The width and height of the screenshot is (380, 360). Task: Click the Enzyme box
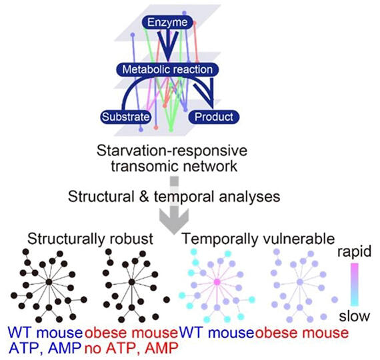tap(167, 23)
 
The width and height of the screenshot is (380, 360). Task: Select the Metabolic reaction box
tap(167, 69)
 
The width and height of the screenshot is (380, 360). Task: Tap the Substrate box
tap(125, 117)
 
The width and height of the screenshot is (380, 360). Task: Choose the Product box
tap(214, 117)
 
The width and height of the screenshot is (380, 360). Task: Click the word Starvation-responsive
tap(172, 151)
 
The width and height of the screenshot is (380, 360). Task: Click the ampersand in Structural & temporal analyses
tap(144, 197)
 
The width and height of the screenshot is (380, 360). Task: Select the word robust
tap(131, 239)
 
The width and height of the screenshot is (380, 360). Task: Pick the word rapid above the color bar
tap(354, 251)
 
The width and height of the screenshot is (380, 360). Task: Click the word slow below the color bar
tap(354, 316)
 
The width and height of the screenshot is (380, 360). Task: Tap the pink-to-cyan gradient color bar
tap(355, 285)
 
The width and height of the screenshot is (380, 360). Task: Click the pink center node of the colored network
tap(217, 282)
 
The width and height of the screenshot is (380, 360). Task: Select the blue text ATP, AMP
tap(45, 348)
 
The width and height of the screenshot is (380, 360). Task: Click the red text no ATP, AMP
tap(131, 348)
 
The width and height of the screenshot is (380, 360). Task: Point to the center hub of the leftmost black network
tap(49, 282)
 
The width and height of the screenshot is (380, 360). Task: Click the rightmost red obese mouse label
tap(302, 333)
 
